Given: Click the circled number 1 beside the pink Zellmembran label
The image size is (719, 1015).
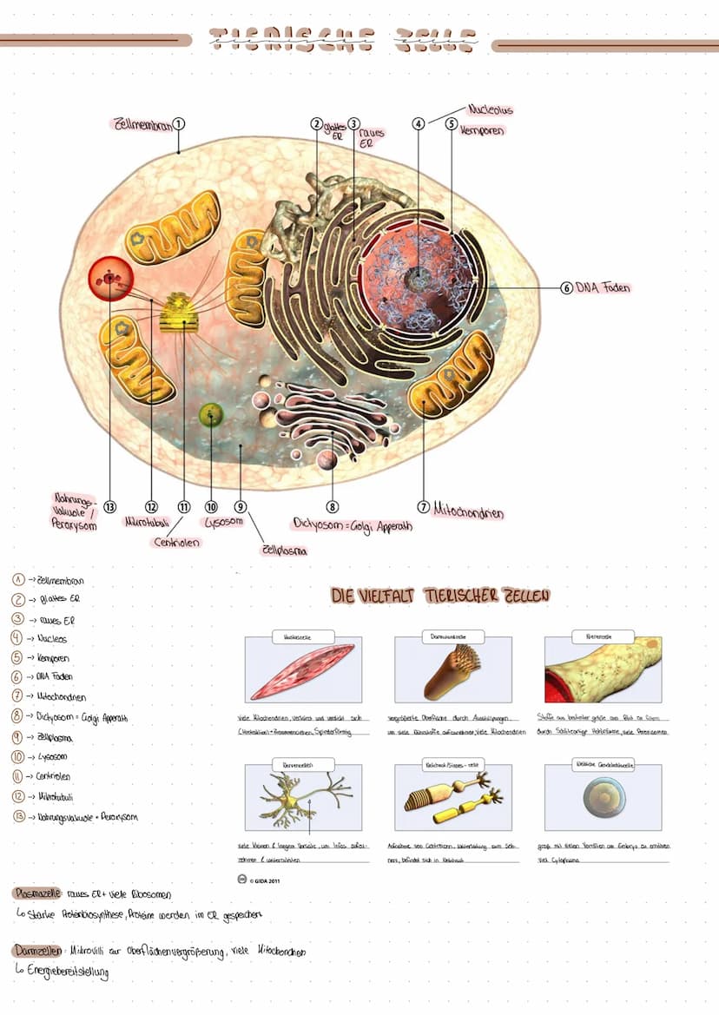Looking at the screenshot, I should click(178, 123).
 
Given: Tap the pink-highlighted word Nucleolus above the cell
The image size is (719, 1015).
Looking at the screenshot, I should click(491, 110).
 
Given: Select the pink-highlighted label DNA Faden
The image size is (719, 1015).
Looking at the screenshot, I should click(604, 287).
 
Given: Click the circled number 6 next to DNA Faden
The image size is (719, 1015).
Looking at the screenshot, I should click(567, 287).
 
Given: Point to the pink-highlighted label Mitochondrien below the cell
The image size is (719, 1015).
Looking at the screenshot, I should click(468, 511).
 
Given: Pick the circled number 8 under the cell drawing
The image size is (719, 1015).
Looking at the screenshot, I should click(332, 506).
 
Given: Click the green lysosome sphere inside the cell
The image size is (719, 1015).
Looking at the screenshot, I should click(211, 415).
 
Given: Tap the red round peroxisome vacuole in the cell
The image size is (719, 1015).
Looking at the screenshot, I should click(109, 278).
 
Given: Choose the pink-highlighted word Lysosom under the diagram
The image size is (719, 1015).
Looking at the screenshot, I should click(223, 522).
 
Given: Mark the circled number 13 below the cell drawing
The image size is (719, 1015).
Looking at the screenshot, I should click(109, 506).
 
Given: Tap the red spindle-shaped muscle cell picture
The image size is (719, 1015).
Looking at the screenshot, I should click(302, 669).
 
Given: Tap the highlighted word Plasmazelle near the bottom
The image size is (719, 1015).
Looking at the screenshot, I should click(37, 893).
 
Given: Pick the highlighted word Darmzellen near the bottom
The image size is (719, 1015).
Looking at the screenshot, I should click(36, 951).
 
